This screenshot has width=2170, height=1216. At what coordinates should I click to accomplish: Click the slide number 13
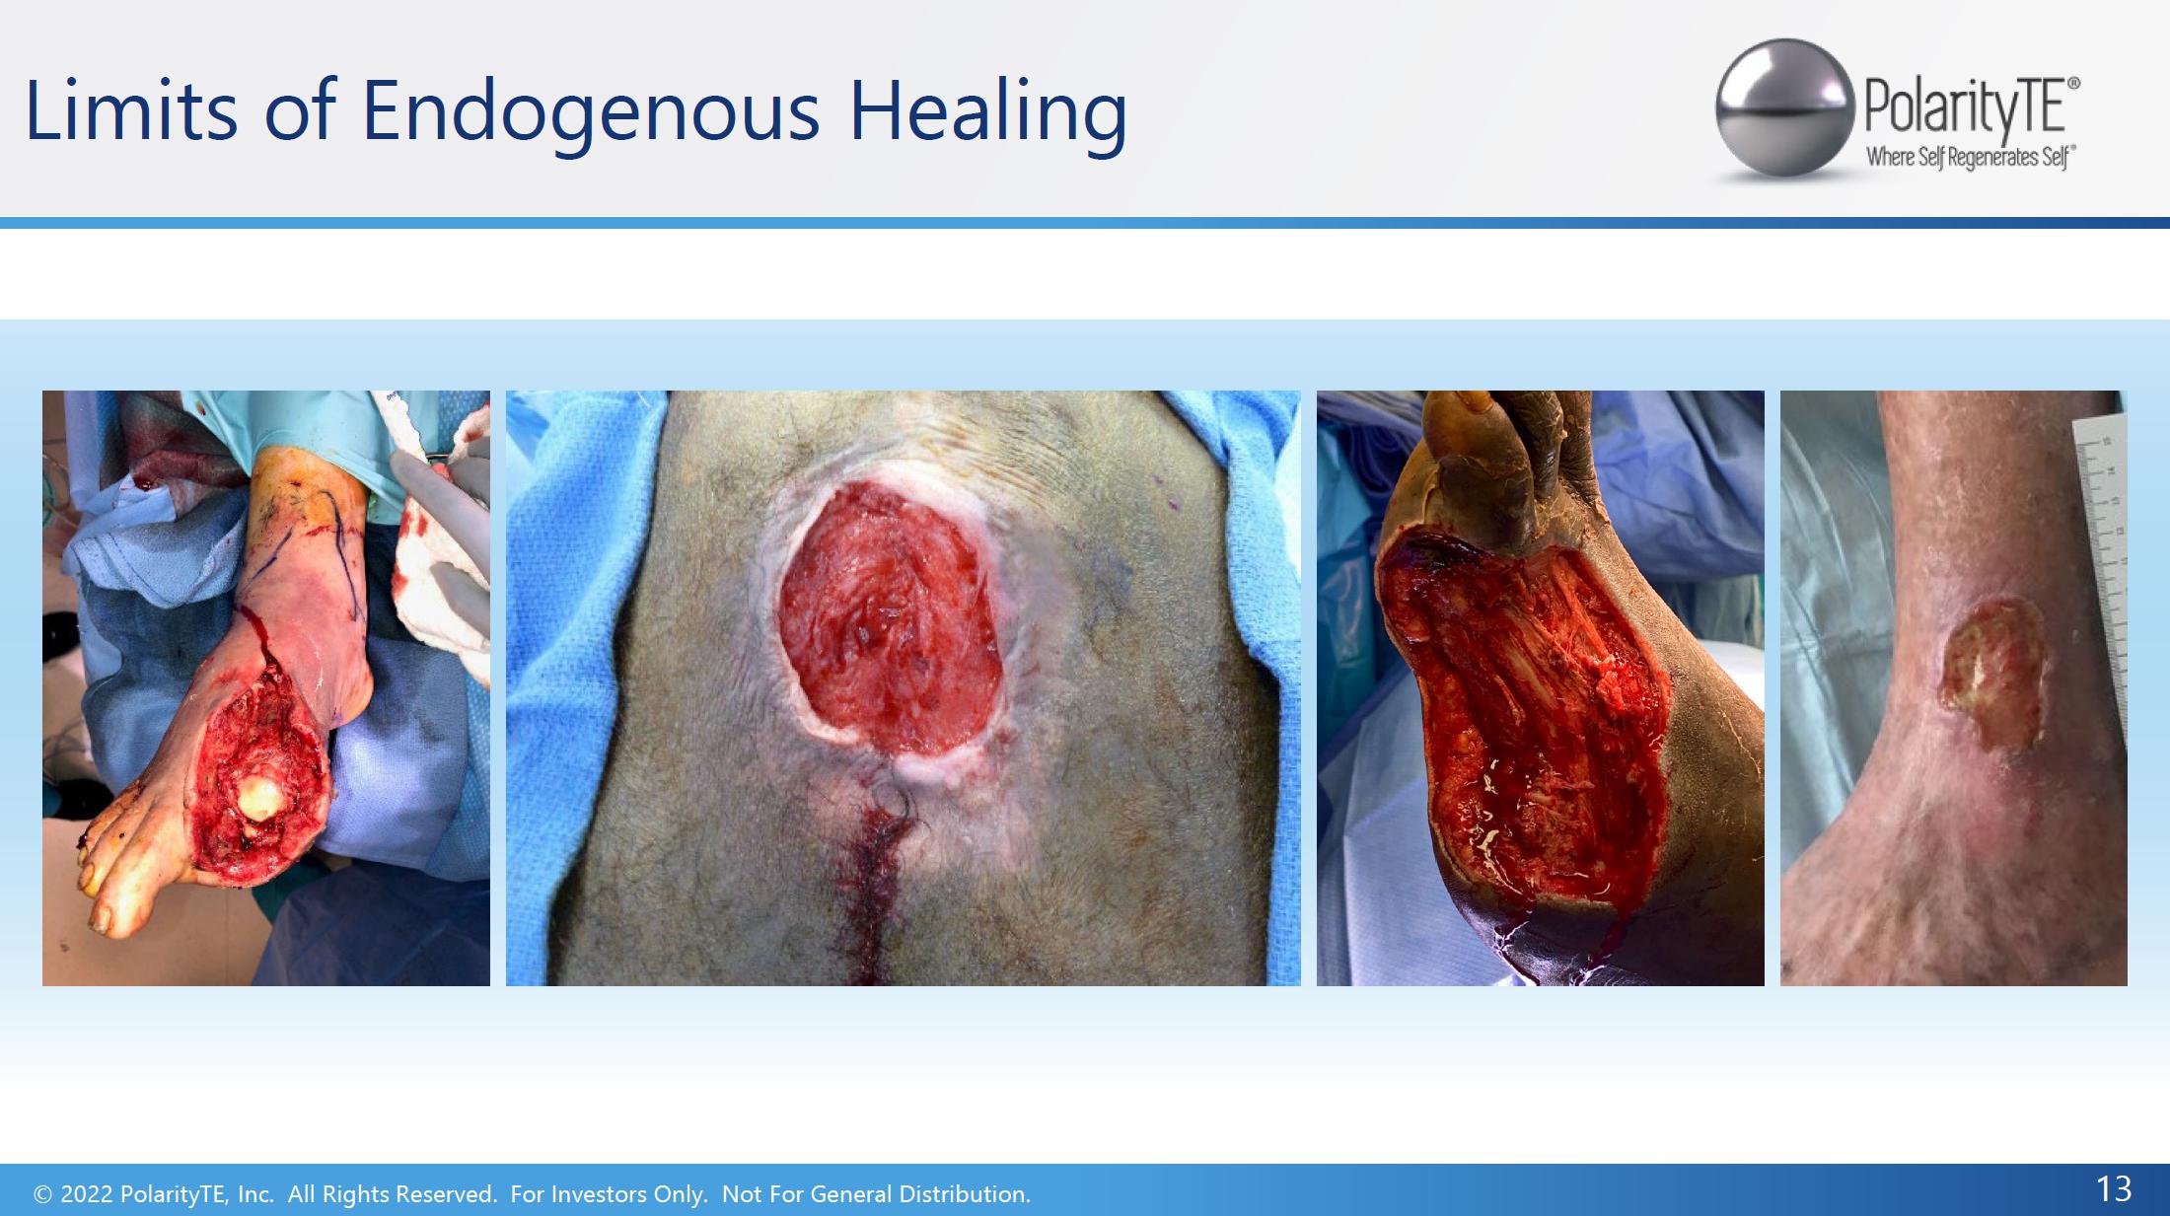pos(2114,1189)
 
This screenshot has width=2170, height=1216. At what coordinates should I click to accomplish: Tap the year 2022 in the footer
pos(87,1194)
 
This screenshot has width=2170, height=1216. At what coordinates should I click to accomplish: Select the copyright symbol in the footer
pos(42,1194)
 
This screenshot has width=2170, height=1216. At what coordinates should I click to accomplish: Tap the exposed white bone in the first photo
pos(259,796)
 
